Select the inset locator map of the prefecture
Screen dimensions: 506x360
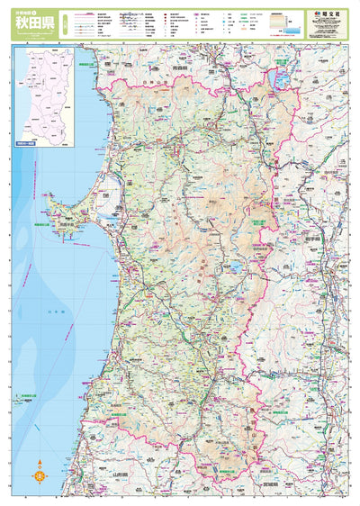(52, 95)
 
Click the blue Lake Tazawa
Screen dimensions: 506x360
(236, 267)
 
